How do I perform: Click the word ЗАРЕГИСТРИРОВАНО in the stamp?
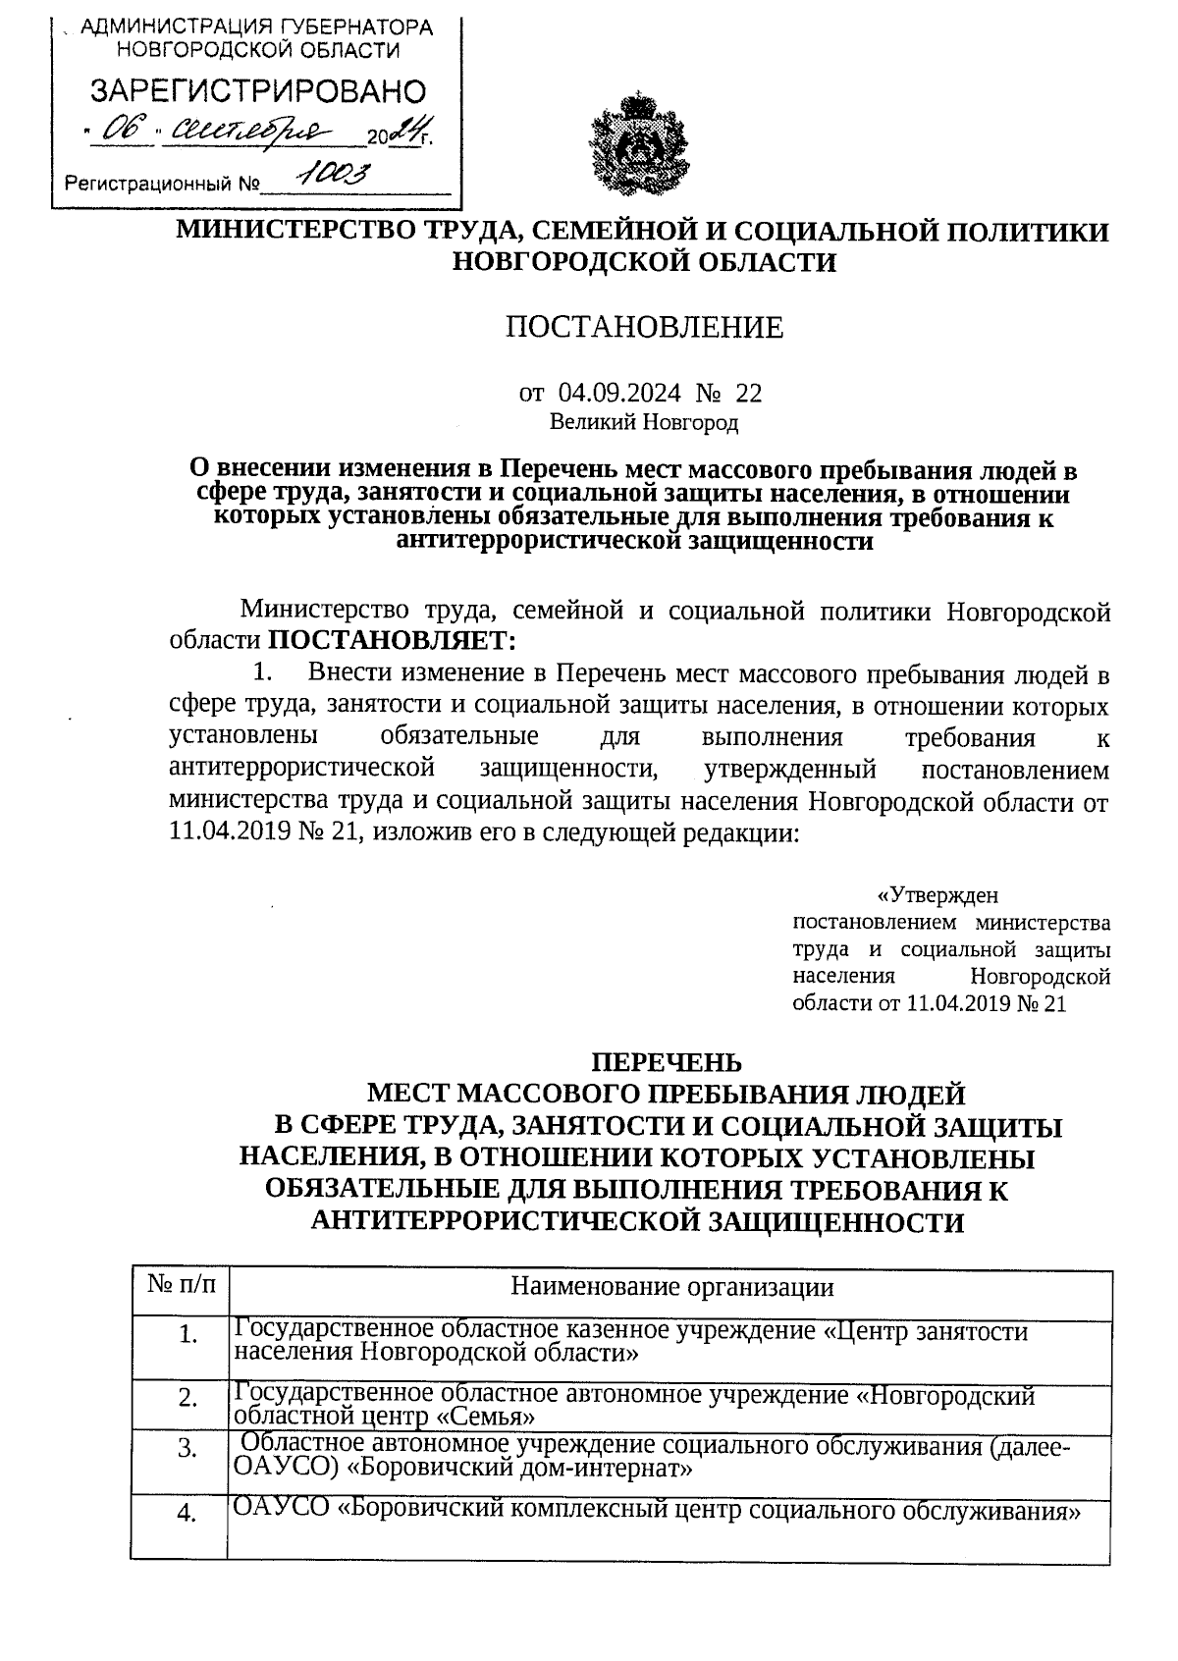(258, 92)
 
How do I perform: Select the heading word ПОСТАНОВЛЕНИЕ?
(644, 327)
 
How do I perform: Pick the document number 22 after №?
(748, 394)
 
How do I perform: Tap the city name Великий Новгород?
(643, 423)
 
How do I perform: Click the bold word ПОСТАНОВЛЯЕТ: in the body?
(391, 641)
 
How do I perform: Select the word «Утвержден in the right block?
(937, 894)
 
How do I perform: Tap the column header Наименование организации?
(672, 1287)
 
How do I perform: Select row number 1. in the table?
(189, 1335)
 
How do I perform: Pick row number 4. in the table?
(187, 1515)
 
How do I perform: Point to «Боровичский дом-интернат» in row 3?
(522, 1470)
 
